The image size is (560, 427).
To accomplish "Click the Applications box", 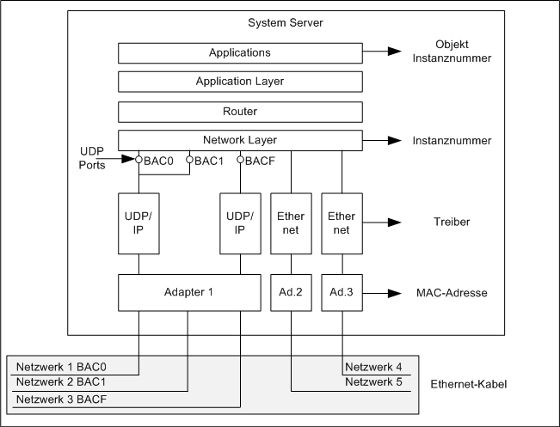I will tap(240, 53).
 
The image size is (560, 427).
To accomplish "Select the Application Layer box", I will tap(240, 82).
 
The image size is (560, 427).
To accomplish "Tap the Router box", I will tap(240, 112).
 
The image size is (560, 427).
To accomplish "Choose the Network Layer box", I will tap(240, 140).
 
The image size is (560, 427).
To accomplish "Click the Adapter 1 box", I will tap(188, 292).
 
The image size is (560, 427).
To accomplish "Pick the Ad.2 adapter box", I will tap(292, 292).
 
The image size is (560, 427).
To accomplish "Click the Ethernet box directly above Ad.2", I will tap(292, 223).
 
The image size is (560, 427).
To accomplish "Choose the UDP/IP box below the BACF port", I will tap(240, 223).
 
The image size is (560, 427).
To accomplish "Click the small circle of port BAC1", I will tap(189, 159).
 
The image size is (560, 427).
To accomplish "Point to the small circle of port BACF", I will tap(240, 159).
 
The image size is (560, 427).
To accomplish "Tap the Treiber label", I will tap(452, 223).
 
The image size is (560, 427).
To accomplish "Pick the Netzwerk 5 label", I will tap(374, 382).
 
